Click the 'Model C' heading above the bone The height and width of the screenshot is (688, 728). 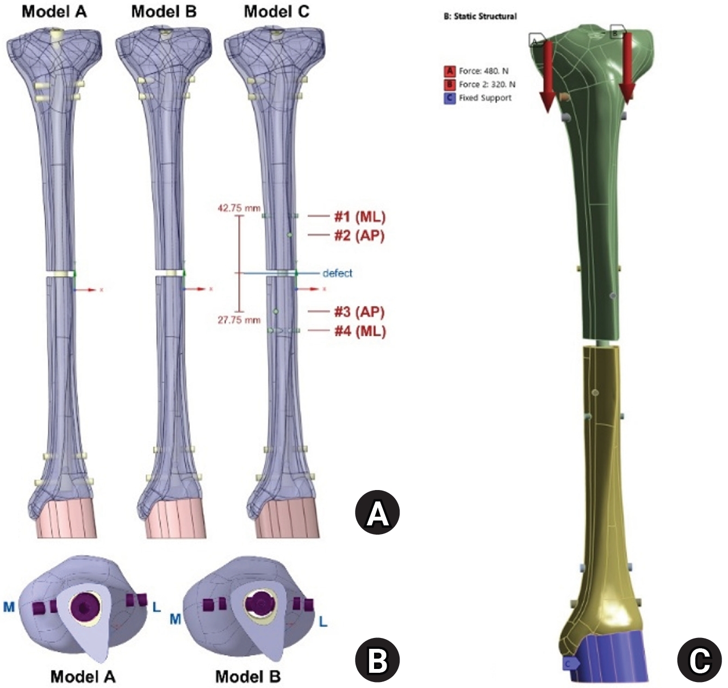277,11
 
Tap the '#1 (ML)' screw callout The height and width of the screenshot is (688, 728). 359,217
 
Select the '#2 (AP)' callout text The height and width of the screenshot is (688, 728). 359,235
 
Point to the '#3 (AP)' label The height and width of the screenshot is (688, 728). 359,312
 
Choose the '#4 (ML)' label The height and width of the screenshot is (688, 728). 360,331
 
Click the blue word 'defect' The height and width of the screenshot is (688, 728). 337,273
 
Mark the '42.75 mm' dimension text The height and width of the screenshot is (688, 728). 239,208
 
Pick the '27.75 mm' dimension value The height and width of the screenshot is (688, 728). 239,320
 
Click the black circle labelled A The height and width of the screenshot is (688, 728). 377,512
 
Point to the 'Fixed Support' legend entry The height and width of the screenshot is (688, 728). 478,98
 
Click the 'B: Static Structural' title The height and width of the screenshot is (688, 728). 480,16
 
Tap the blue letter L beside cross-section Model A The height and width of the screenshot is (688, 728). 157,608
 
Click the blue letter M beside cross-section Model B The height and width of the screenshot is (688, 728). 175,619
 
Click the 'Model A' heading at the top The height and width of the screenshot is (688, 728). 54,11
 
